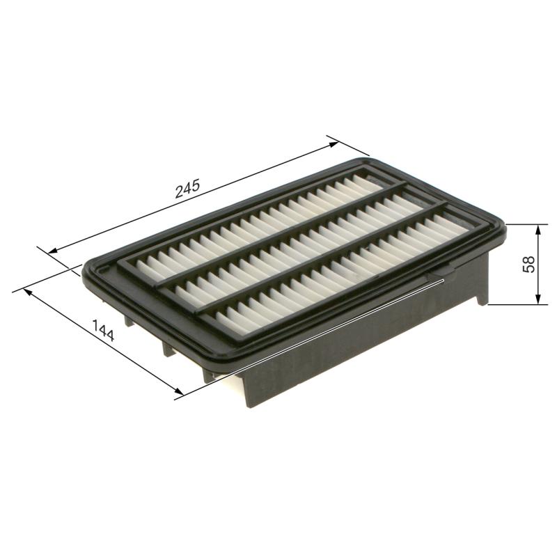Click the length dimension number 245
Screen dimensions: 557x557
pyautogui.click(x=188, y=189)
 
